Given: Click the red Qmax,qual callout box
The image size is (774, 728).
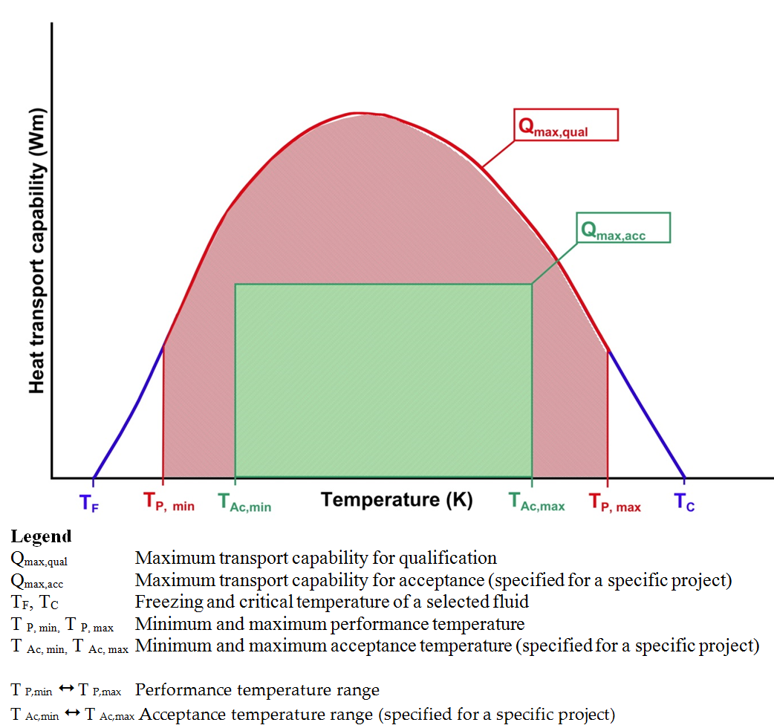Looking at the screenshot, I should coord(566,126).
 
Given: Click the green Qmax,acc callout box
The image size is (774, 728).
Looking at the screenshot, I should coord(623,228).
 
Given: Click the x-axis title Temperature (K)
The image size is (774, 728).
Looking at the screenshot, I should coord(396,499).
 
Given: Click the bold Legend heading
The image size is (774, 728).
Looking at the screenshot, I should coord(41,536).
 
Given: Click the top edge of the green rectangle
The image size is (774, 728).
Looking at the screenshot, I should coord(383,284).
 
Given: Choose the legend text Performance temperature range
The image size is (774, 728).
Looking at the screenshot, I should coord(257,690).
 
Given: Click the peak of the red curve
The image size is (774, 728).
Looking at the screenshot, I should coord(359,114).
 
